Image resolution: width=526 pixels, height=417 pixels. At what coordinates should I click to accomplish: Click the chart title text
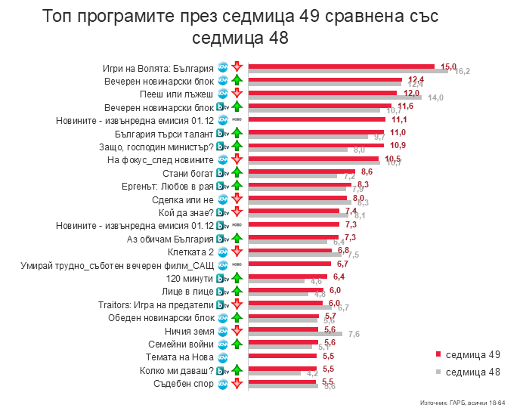click(x=240, y=26)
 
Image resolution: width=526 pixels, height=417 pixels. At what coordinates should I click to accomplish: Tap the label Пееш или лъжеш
click(x=178, y=94)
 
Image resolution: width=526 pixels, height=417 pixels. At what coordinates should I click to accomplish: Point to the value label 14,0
click(x=435, y=98)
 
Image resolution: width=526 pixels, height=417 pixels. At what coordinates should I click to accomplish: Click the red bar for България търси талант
click(x=317, y=132)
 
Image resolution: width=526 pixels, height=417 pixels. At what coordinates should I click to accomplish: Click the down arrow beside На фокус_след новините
click(x=236, y=159)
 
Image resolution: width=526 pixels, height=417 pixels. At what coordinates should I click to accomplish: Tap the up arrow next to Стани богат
click(x=236, y=173)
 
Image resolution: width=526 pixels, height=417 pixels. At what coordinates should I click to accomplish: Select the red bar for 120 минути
click(x=288, y=276)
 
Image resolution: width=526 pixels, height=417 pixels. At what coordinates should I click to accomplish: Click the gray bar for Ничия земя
click(x=295, y=333)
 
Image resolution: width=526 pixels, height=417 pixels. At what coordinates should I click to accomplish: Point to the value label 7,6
click(x=354, y=334)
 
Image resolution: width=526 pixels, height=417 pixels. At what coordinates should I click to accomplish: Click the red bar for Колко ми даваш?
click(x=283, y=368)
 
